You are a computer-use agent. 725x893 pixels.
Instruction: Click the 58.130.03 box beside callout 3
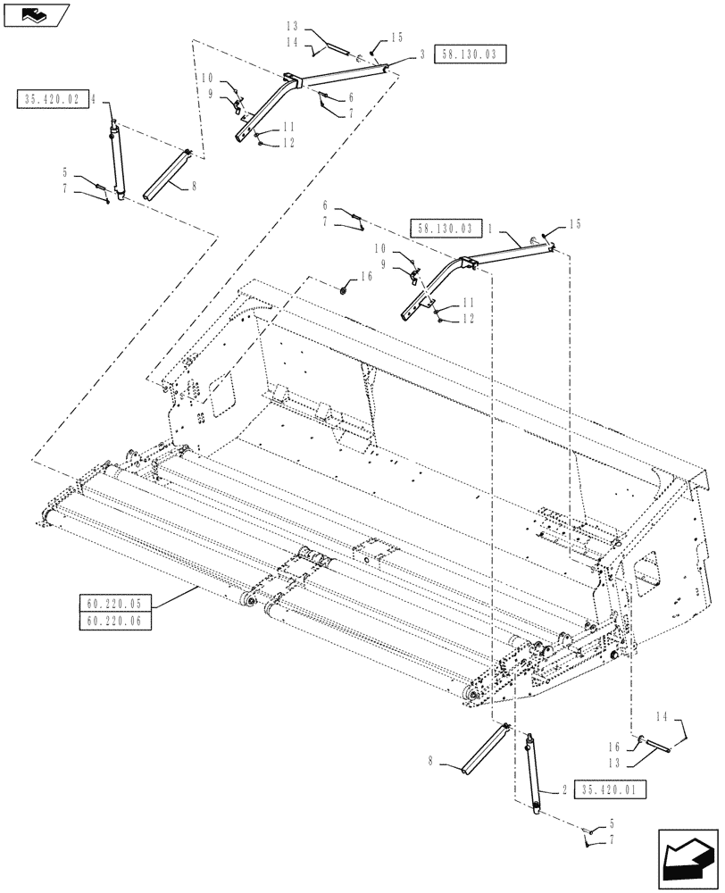coord(470,54)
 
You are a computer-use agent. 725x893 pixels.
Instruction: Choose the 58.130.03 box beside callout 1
coord(446,228)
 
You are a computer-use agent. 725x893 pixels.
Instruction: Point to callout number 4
coord(92,99)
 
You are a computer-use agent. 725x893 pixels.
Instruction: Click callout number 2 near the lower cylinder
coord(565,790)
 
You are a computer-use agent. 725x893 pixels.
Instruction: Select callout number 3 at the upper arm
coord(421,54)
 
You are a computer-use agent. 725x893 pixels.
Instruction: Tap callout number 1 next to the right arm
coord(490,228)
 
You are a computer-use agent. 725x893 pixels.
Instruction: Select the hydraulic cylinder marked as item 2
coord(535,772)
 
